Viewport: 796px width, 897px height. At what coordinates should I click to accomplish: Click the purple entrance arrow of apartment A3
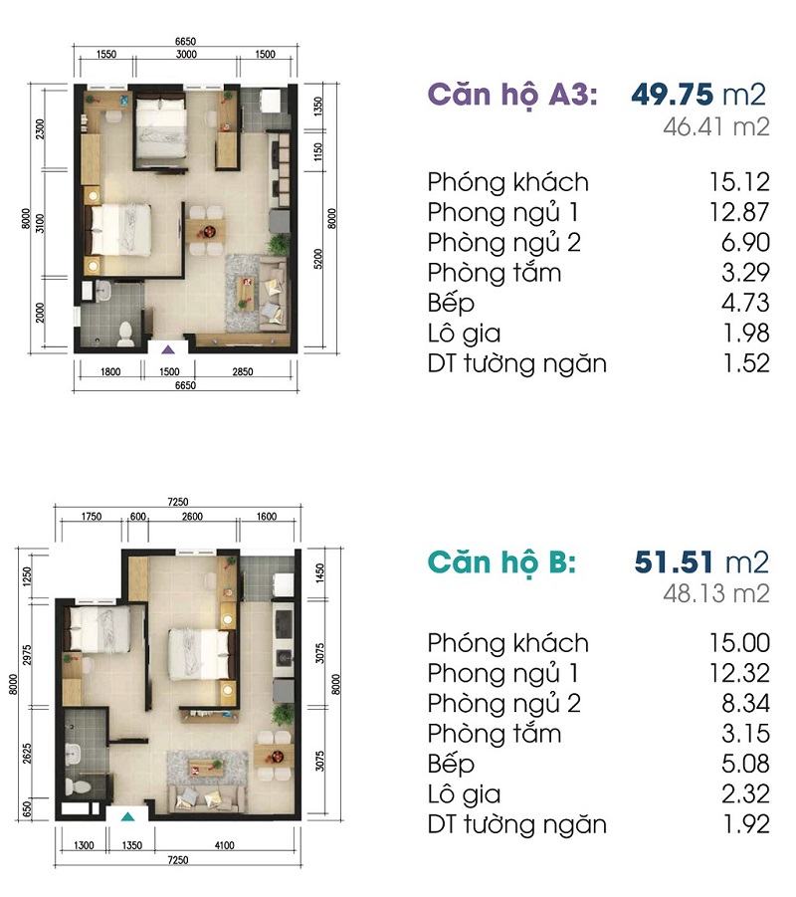point(167,349)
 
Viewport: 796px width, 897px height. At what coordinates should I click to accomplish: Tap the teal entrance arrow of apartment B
point(128,816)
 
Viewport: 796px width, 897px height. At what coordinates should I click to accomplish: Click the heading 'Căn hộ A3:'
point(512,95)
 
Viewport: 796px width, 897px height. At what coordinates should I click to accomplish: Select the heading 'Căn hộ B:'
point(501,562)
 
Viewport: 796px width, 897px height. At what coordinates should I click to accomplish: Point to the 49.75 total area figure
point(672,95)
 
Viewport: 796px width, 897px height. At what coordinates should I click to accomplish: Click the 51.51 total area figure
point(675,562)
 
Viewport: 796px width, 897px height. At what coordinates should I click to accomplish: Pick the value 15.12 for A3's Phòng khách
point(740,182)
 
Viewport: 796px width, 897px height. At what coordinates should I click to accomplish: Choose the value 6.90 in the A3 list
point(745,243)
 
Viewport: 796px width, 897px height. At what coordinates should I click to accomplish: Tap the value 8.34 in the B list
point(745,703)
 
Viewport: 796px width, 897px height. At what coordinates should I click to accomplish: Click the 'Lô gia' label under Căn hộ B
point(464,794)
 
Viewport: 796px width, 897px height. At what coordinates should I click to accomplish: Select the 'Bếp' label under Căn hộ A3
point(451,304)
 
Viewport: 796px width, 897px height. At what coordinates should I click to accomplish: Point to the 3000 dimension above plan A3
point(186,55)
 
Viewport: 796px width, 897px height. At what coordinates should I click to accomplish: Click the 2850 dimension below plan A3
point(243,372)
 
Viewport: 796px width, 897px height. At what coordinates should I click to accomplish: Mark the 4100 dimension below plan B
point(224,845)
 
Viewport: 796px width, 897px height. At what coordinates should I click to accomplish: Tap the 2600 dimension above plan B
point(192,517)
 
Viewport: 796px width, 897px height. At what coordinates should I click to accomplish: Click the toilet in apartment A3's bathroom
point(125,335)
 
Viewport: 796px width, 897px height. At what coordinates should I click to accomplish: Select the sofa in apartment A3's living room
point(274,294)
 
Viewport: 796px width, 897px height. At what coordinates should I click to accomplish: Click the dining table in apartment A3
point(205,231)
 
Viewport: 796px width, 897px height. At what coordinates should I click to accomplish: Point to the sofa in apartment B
point(206,798)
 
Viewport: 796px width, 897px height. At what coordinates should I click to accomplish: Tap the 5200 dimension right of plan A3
point(318,259)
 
